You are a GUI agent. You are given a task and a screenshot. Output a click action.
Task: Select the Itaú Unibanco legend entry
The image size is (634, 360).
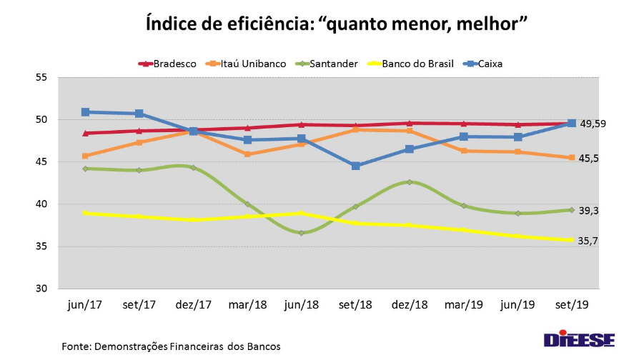244,64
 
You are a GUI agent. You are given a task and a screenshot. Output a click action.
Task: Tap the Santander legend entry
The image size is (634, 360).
326,64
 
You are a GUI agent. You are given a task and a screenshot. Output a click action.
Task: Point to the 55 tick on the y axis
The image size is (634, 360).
41,77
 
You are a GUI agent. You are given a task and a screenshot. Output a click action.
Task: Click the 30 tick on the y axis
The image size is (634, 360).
41,289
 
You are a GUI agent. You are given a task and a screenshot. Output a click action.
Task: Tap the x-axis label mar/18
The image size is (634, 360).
247,305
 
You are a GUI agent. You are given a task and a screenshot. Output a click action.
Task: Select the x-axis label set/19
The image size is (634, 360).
572,305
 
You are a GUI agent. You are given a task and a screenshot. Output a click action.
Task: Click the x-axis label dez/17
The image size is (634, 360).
193,305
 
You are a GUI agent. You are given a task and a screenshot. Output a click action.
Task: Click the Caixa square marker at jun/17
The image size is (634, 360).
85,112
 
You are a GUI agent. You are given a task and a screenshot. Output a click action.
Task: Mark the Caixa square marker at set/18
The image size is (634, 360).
355,166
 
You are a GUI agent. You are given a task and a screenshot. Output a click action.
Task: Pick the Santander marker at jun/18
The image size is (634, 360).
301,233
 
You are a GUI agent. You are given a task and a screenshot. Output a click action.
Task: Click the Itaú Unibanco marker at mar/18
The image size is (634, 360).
247,154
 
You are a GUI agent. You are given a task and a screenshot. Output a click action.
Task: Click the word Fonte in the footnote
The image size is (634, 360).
76,346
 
